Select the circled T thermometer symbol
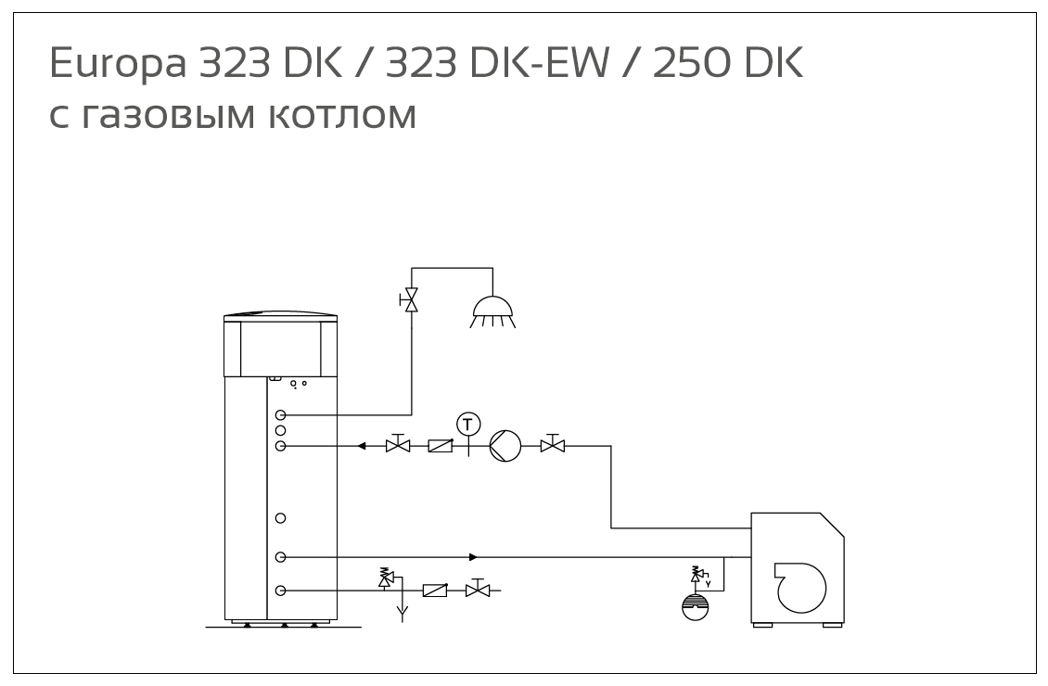(469, 424)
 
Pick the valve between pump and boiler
(554, 446)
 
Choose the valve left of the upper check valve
(398, 446)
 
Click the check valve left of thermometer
(440, 446)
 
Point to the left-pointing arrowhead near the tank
(363, 446)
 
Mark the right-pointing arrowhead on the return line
(473, 557)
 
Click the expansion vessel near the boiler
(696, 603)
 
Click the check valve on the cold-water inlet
(435, 590)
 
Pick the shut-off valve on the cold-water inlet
(478, 590)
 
